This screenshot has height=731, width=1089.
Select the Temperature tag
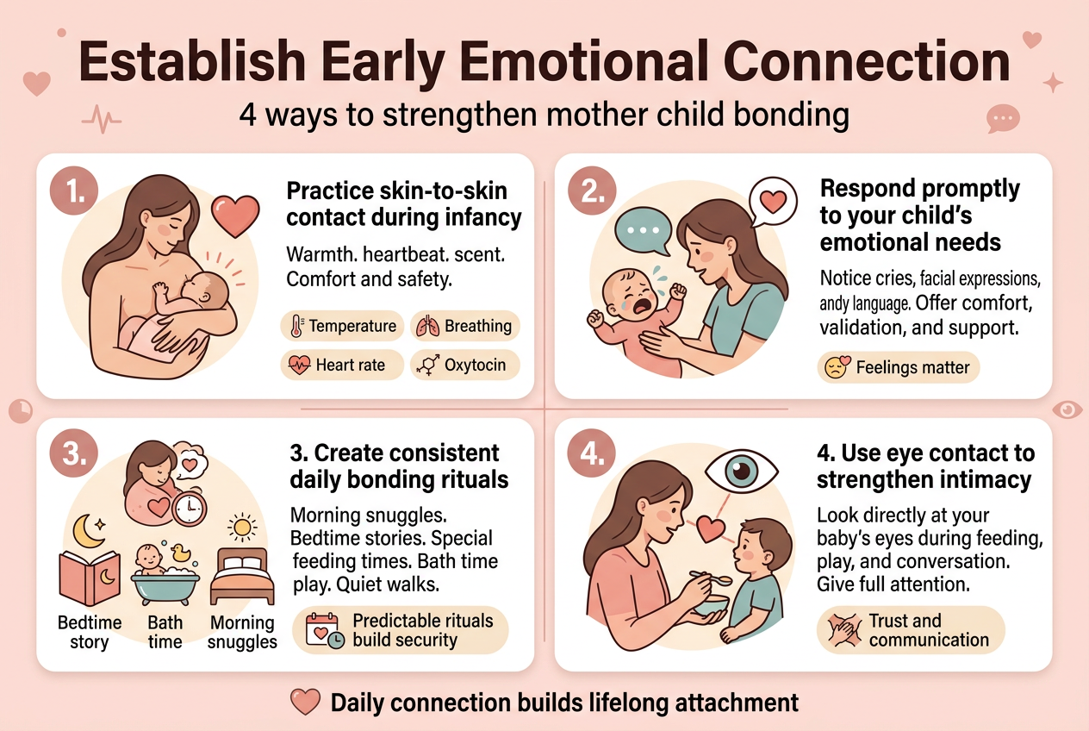pyautogui.click(x=343, y=326)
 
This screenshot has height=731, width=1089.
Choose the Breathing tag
pyautogui.click(x=465, y=326)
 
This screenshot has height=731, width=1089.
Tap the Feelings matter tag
pyautogui.click(x=899, y=367)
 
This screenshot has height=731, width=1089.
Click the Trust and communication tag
pyautogui.click(x=910, y=630)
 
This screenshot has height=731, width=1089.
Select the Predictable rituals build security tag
pyautogui.click(x=401, y=631)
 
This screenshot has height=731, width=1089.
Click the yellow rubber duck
pyautogui.click(x=180, y=553)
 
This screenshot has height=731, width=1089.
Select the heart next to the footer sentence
pyautogui.click(x=306, y=703)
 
